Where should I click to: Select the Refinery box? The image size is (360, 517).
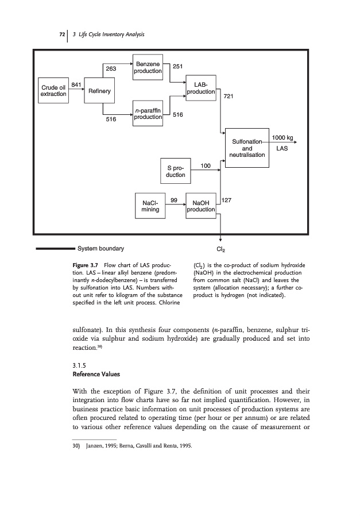[100, 91]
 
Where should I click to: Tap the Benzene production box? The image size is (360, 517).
[148, 67]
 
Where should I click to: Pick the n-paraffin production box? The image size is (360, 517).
[148, 114]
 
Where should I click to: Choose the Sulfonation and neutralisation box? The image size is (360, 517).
[247, 148]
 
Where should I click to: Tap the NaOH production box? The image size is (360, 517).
[201, 206]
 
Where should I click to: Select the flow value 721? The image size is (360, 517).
[229, 97]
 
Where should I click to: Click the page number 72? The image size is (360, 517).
[61, 35]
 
